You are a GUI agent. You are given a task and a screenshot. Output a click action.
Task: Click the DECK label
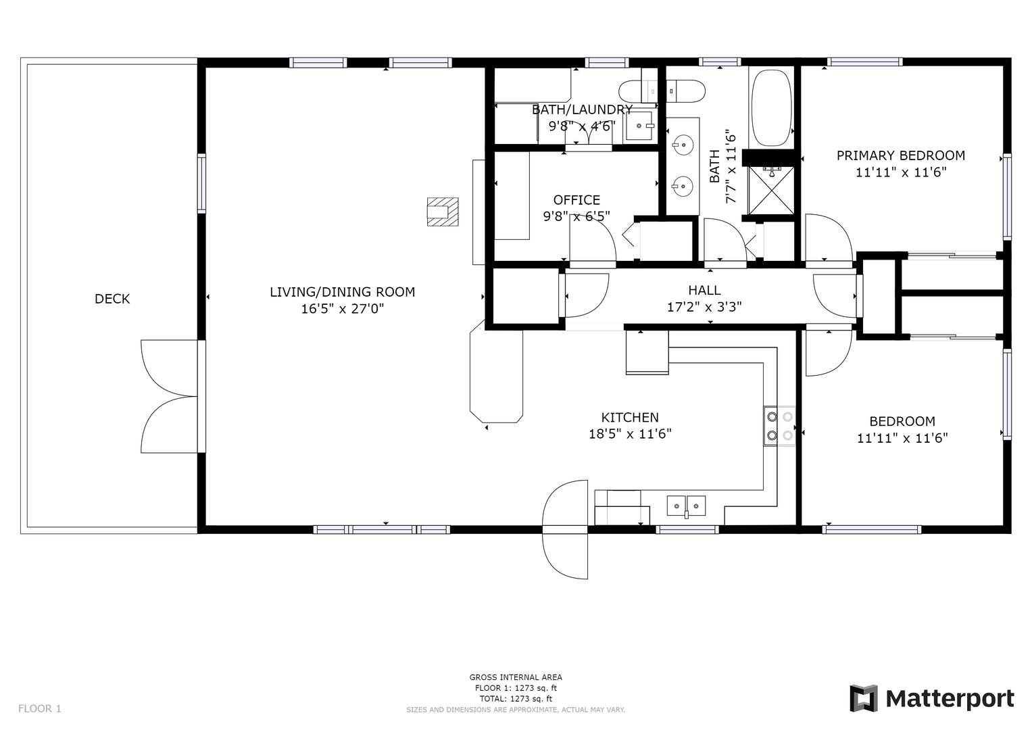(x=112, y=299)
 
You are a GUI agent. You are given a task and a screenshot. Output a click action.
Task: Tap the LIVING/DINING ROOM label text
(x=343, y=292)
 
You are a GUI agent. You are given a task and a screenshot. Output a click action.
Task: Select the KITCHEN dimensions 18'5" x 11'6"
(x=630, y=434)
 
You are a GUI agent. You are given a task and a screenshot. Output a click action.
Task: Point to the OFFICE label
(x=576, y=200)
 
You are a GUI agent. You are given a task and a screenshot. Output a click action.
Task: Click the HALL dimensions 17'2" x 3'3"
(x=704, y=306)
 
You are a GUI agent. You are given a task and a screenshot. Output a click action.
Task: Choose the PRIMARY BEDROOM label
(x=901, y=155)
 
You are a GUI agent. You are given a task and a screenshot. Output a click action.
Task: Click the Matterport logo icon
(x=864, y=698)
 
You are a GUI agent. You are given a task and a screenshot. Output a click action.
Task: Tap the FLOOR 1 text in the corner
(x=40, y=708)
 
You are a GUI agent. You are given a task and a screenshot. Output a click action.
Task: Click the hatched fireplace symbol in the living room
(x=443, y=212)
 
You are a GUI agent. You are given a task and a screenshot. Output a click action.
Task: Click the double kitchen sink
(x=686, y=506)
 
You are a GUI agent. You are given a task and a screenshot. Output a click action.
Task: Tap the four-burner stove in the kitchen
(x=779, y=426)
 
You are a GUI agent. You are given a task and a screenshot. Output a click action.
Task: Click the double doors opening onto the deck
(x=170, y=396)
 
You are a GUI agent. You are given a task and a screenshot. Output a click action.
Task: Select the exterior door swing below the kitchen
(x=565, y=529)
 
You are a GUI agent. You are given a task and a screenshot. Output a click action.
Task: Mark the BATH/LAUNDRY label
(x=583, y=109)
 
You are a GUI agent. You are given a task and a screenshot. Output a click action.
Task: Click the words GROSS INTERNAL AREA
(x=516, y=677)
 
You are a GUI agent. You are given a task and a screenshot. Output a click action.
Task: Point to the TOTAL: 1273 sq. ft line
(x=516, y=699)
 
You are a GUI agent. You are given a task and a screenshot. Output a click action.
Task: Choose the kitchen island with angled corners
(x=496, y=372)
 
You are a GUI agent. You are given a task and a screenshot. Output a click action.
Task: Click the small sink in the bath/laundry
(x=639, y=125)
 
